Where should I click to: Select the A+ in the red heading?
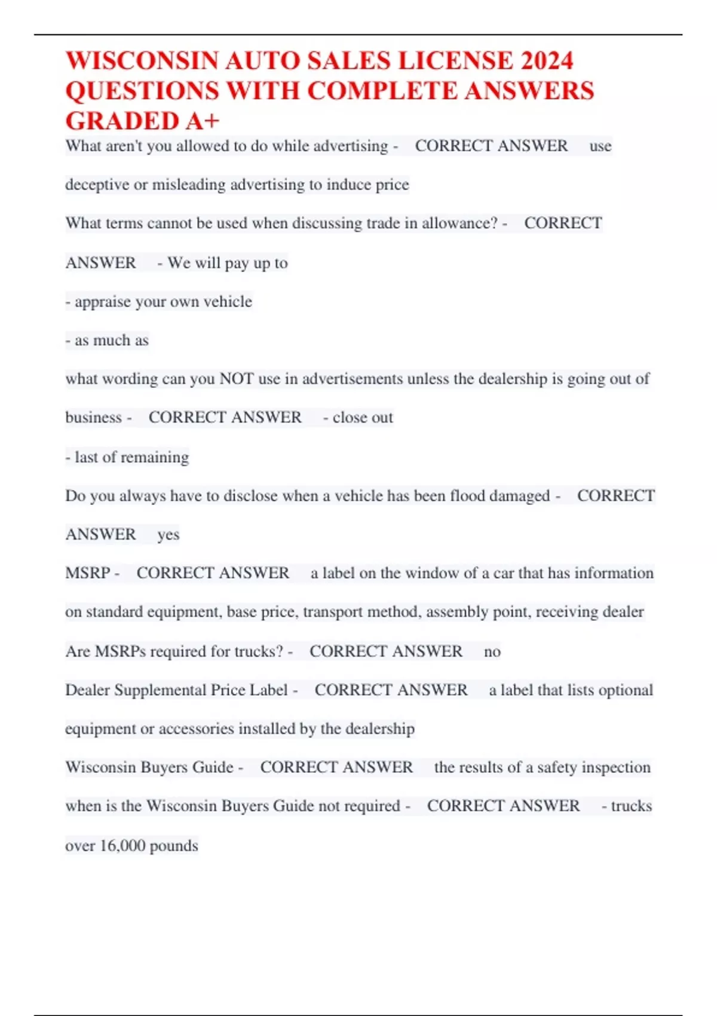202,121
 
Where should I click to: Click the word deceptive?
97,185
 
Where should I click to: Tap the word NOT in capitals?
237,379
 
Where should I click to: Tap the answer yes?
168,535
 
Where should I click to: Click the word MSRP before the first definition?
87,573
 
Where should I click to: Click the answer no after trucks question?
492,651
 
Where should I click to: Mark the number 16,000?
122,846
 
